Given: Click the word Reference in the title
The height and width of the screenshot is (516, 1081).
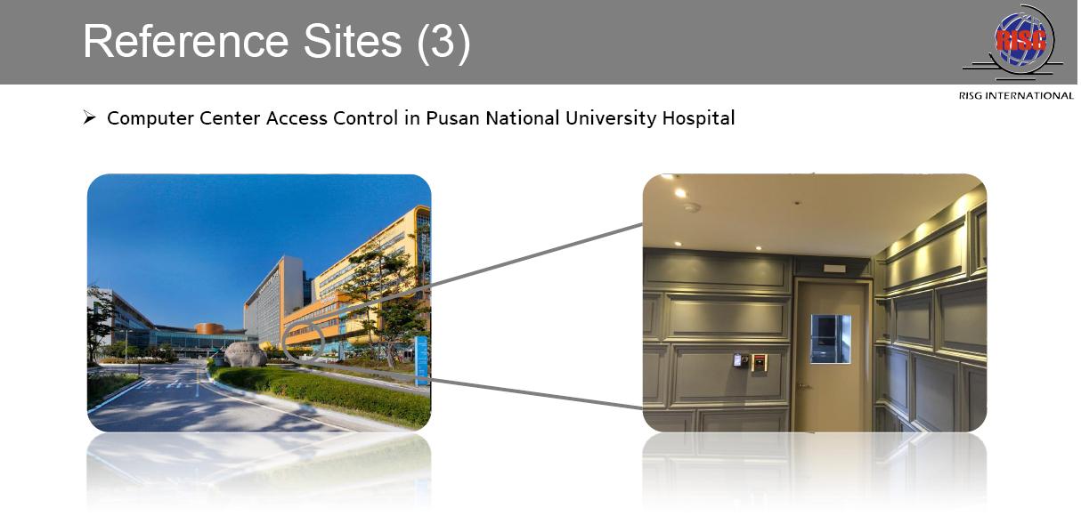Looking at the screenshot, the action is (x=186, y=41).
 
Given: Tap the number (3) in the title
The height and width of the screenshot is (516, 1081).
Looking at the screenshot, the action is (x=443, y=43).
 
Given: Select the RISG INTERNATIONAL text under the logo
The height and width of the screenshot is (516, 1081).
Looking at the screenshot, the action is (x=1016, y=95).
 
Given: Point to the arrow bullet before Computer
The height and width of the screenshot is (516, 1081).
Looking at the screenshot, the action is (x=89, y=117).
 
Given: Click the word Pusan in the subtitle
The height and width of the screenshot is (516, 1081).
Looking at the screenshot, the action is (x=452, y=118).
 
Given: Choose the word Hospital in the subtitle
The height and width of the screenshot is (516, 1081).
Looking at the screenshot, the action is (x=698, y=118).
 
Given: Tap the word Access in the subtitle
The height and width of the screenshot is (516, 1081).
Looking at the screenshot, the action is (x=297, y=118).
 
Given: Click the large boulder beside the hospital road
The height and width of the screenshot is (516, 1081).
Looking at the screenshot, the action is (x=246, y=354).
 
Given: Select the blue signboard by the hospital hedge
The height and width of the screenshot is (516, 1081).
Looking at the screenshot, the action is (x=421, y=360).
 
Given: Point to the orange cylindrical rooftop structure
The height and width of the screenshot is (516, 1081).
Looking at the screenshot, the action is (x=209, y=328).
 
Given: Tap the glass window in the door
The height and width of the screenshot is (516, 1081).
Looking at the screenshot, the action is (x=831, y=339).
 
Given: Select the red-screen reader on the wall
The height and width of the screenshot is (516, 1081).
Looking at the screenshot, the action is (x=760, y=362).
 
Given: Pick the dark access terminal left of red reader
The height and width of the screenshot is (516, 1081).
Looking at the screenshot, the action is (x=738, y=359).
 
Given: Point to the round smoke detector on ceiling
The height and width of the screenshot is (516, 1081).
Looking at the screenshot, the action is (x=692, y=207).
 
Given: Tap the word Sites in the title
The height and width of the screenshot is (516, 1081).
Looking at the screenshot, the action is (x=353, y=41).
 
